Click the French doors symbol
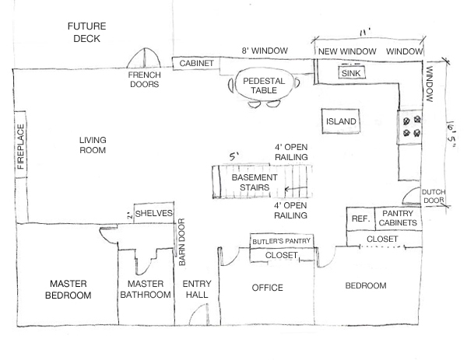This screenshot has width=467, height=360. pos(144,60)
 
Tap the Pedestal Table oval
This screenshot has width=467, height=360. pos(264,85)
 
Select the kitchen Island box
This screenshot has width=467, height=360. pos(340,122)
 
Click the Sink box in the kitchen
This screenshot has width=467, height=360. pos(355,72)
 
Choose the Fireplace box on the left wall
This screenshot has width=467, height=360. pos(21,147)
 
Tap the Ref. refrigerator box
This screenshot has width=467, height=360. pos(360,220)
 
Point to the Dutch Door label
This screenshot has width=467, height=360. pos(434,197)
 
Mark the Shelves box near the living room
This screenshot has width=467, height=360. pos(153,212)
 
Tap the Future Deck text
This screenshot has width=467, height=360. pos(86,31)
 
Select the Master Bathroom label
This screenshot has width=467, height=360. pos(144,289)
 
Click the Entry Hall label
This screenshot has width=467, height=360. pos(196,289)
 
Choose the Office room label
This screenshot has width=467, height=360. pos(267,288)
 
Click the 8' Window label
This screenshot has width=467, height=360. pos(265,51)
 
